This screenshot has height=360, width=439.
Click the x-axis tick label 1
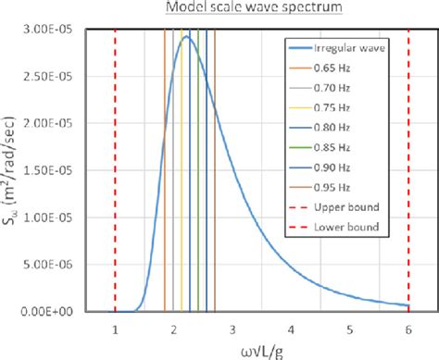point(115,329)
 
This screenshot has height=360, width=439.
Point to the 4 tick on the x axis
point(292,329)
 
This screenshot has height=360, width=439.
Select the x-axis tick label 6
point(408,329)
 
